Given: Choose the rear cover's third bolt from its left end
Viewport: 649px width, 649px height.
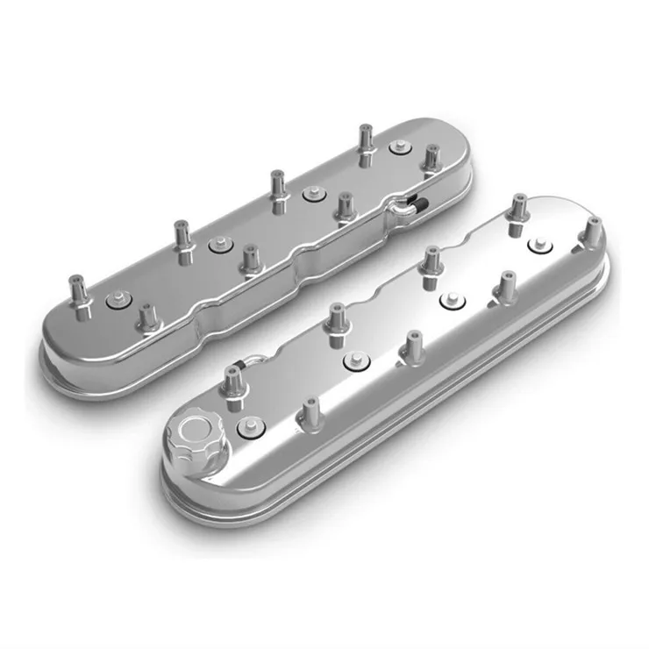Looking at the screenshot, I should click(x=310, y=193).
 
